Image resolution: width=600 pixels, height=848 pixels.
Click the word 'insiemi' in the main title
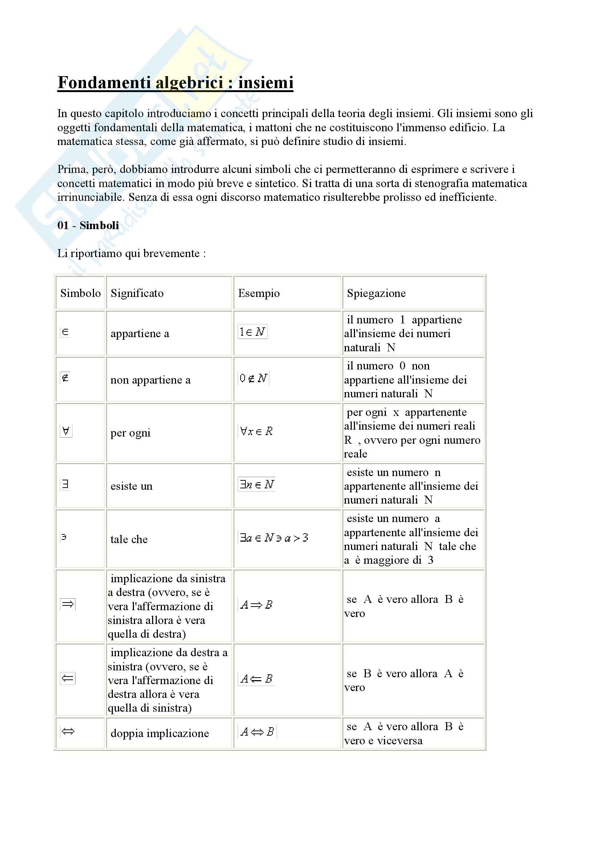265,82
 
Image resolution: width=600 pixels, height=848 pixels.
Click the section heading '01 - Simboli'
88,225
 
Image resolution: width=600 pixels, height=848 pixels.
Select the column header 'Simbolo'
80,293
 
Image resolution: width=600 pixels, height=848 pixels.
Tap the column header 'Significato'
137,293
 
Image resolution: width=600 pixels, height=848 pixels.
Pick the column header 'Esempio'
258,293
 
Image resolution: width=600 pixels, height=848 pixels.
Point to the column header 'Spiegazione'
376,293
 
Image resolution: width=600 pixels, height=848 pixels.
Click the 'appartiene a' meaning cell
139,334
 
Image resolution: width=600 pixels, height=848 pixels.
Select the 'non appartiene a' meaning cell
150,380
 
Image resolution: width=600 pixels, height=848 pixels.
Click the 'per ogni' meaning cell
130,433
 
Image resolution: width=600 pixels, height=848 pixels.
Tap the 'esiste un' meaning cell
131,486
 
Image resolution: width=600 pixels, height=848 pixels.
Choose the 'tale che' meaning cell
128,539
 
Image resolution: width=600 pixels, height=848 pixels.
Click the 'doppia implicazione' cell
159,733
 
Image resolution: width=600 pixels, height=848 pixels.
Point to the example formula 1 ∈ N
252,332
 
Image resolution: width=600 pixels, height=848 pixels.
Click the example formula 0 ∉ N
253,378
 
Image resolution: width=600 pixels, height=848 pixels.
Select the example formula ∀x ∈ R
256,431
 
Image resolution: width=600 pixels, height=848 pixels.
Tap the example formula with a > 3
274,537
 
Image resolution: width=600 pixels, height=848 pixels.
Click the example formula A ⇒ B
256,605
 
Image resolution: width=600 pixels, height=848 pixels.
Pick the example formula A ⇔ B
257,731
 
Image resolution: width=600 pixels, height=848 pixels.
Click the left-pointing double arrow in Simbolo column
68,678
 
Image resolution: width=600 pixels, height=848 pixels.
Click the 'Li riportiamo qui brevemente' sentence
131,253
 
